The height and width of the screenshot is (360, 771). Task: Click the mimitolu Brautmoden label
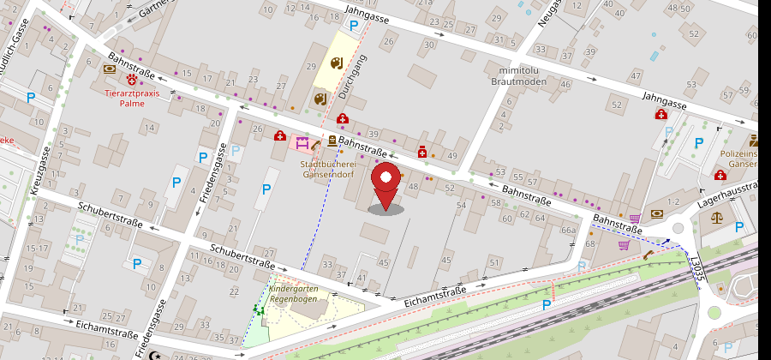coord(518,75)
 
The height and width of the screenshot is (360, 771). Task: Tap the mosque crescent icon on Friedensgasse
coord(155,354)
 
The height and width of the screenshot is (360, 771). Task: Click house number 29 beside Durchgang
coord(311,66)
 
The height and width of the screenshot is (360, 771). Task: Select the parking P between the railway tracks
coord(546,304)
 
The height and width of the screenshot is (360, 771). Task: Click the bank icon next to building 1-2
coord(657,213)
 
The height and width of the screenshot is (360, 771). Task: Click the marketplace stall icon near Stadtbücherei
coord(302,142)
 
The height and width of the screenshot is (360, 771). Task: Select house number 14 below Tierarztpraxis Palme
coord(150,129)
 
